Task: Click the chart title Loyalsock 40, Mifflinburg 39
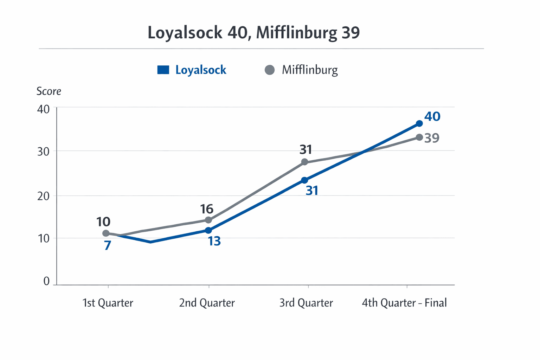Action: (253, 33)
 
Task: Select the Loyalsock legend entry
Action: (192, 70)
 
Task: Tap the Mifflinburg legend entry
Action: (301, 70)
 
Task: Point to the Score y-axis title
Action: (49, 91)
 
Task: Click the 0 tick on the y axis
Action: (46, 281)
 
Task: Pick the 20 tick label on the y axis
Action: (43, 196)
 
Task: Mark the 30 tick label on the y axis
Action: (43, 152)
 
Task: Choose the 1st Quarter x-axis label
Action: (108, 303)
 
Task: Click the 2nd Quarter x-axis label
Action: (207, 303)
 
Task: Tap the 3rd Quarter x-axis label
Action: (306, 303)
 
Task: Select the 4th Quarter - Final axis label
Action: (404, 303)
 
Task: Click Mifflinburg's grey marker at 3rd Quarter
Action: (305, 162)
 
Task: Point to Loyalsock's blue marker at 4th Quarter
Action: (419, 123)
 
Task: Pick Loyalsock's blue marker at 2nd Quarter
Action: (208, 230)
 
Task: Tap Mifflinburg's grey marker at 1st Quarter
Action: (106, 233)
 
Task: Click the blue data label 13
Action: (214, 241)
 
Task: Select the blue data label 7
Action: (108, 245)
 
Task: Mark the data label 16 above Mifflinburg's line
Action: (207, 209)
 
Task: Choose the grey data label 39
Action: (432, 138)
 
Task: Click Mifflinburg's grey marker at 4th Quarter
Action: (419, 137)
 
